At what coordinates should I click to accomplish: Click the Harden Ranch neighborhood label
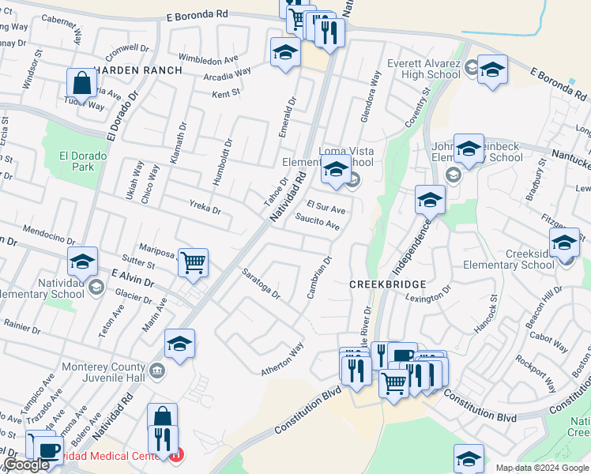138,70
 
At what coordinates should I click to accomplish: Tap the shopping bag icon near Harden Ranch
82,82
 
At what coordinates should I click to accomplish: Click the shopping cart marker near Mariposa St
193,261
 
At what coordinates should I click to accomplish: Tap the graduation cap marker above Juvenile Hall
179,344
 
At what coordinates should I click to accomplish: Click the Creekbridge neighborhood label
388,284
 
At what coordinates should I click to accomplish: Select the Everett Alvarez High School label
423,69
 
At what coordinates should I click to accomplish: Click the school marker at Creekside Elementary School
564,242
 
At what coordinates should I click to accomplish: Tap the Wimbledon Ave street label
208,58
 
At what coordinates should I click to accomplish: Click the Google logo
26,465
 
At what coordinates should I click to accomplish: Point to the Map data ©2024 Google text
542,468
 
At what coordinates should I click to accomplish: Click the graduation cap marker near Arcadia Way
285,53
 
